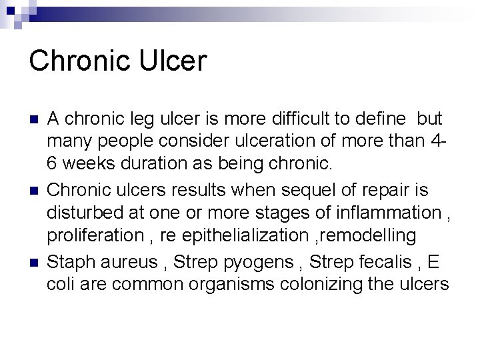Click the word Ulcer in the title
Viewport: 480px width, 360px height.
[173, 60]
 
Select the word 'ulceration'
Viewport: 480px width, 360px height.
[287, 142]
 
